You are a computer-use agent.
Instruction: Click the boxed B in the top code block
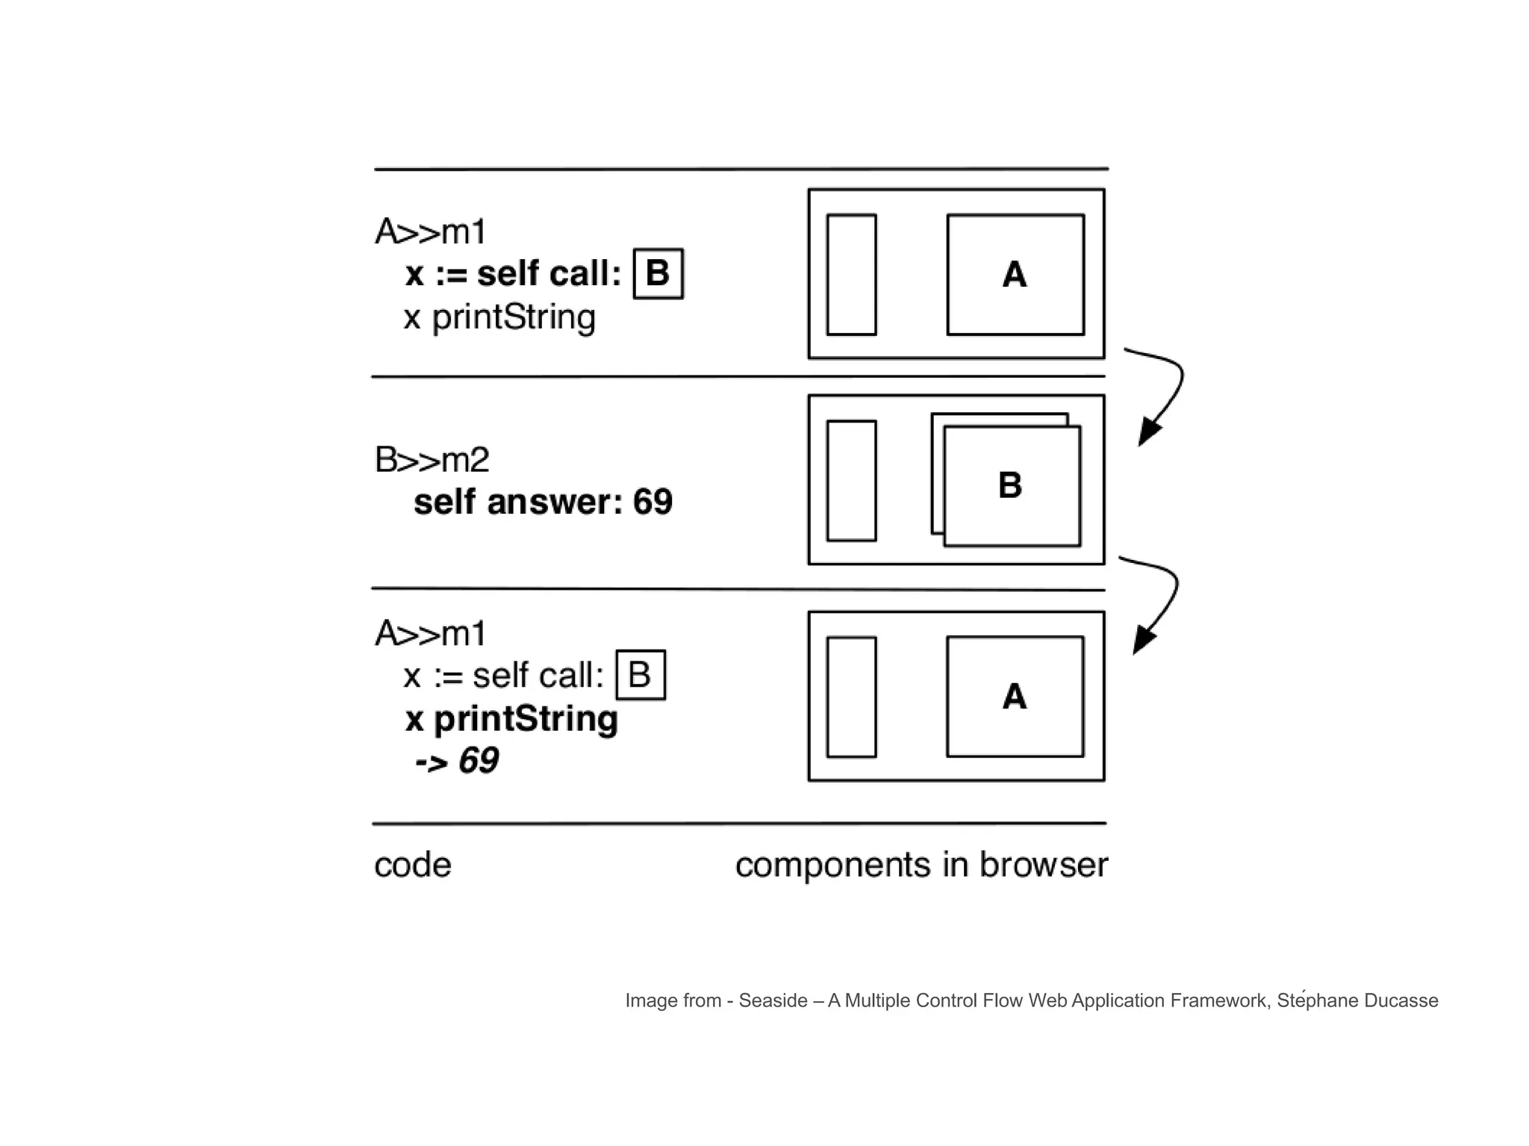click(658, 274)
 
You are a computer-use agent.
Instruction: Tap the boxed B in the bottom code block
click(640, 675)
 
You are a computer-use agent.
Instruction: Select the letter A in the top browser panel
click(1015, 275)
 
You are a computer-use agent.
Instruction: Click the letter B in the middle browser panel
click(1010, 485)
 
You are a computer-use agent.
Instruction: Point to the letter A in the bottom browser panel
click(1015, 697)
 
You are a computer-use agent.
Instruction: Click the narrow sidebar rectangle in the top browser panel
click(851, 275)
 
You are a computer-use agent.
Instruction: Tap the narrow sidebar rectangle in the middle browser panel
click(851, 481)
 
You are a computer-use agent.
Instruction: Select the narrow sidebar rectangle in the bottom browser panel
click(851, 697)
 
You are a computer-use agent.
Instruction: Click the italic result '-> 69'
click(457, 761)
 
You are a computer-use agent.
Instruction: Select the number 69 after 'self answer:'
click(653, 502)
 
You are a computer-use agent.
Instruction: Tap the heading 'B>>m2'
click(432, 460)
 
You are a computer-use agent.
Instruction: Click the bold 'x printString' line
click(511, 719)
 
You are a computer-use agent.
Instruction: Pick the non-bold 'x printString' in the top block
click(499, 317)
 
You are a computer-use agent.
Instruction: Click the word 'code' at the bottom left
click(413, 865)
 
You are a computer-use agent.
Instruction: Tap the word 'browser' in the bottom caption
click(1043, 865)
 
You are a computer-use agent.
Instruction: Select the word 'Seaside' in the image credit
click(773, 1000)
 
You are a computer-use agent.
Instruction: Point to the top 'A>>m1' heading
click(431, 232)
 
